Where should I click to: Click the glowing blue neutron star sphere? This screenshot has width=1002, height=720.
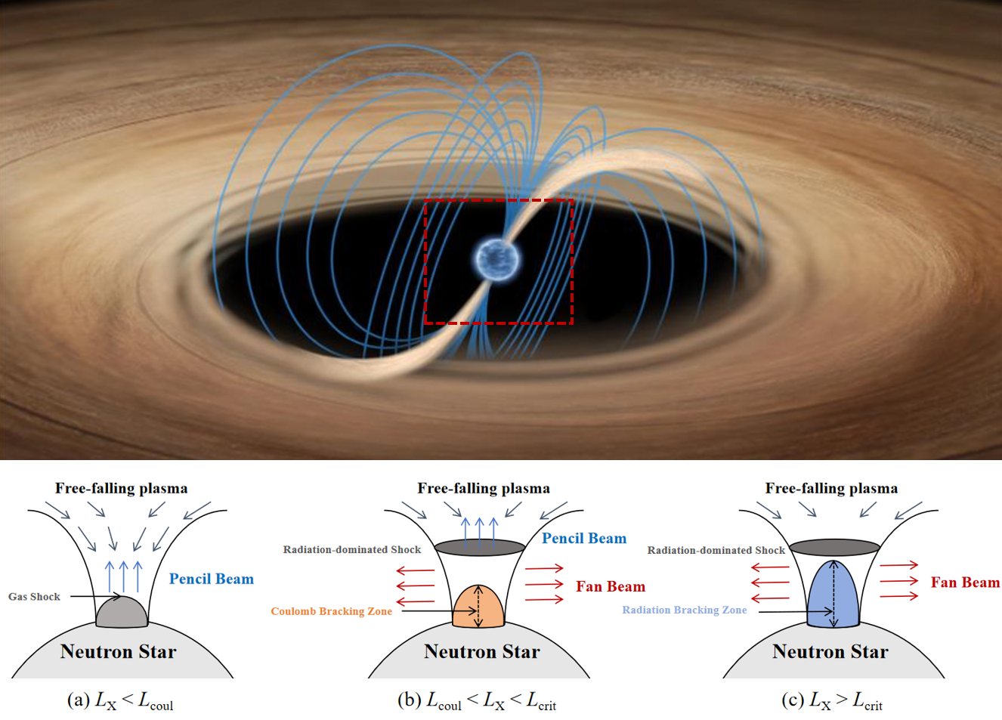pos(496,258)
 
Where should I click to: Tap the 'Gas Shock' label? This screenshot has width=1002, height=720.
pos(34,597)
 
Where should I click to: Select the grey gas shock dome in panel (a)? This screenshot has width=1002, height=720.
pos(122,613)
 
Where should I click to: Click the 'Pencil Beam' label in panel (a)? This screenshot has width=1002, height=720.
pos(212,579)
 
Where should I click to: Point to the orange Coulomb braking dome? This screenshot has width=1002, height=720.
pos(478,607)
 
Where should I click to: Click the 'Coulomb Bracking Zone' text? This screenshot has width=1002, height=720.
pos(331,611)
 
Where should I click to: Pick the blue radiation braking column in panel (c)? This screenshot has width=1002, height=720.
pos(833,595)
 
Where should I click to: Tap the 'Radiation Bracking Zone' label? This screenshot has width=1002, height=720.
pos(684,610)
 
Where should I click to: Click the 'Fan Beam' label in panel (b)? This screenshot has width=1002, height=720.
pos(611,586)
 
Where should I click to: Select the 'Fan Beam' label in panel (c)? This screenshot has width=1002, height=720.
pos(965,582)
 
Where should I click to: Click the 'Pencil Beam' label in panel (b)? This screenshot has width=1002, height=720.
pos(584,539)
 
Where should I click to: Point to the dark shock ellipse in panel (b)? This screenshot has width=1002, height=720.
pos(480,546)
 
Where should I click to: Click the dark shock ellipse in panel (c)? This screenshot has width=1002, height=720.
pos(834,546)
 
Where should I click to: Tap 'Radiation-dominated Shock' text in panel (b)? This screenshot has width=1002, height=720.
pos(351,549)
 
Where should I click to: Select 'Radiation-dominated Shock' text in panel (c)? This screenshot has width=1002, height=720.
pos(716,550)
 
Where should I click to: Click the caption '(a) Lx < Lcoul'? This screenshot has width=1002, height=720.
pos(120,701)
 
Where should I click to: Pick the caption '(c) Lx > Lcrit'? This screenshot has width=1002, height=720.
pos(832,701)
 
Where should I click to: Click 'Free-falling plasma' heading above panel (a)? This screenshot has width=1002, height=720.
pos(121,488)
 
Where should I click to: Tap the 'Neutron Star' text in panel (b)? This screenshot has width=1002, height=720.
pos(481,652)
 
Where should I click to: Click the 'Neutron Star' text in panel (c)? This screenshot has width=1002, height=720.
pos(830,652)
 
